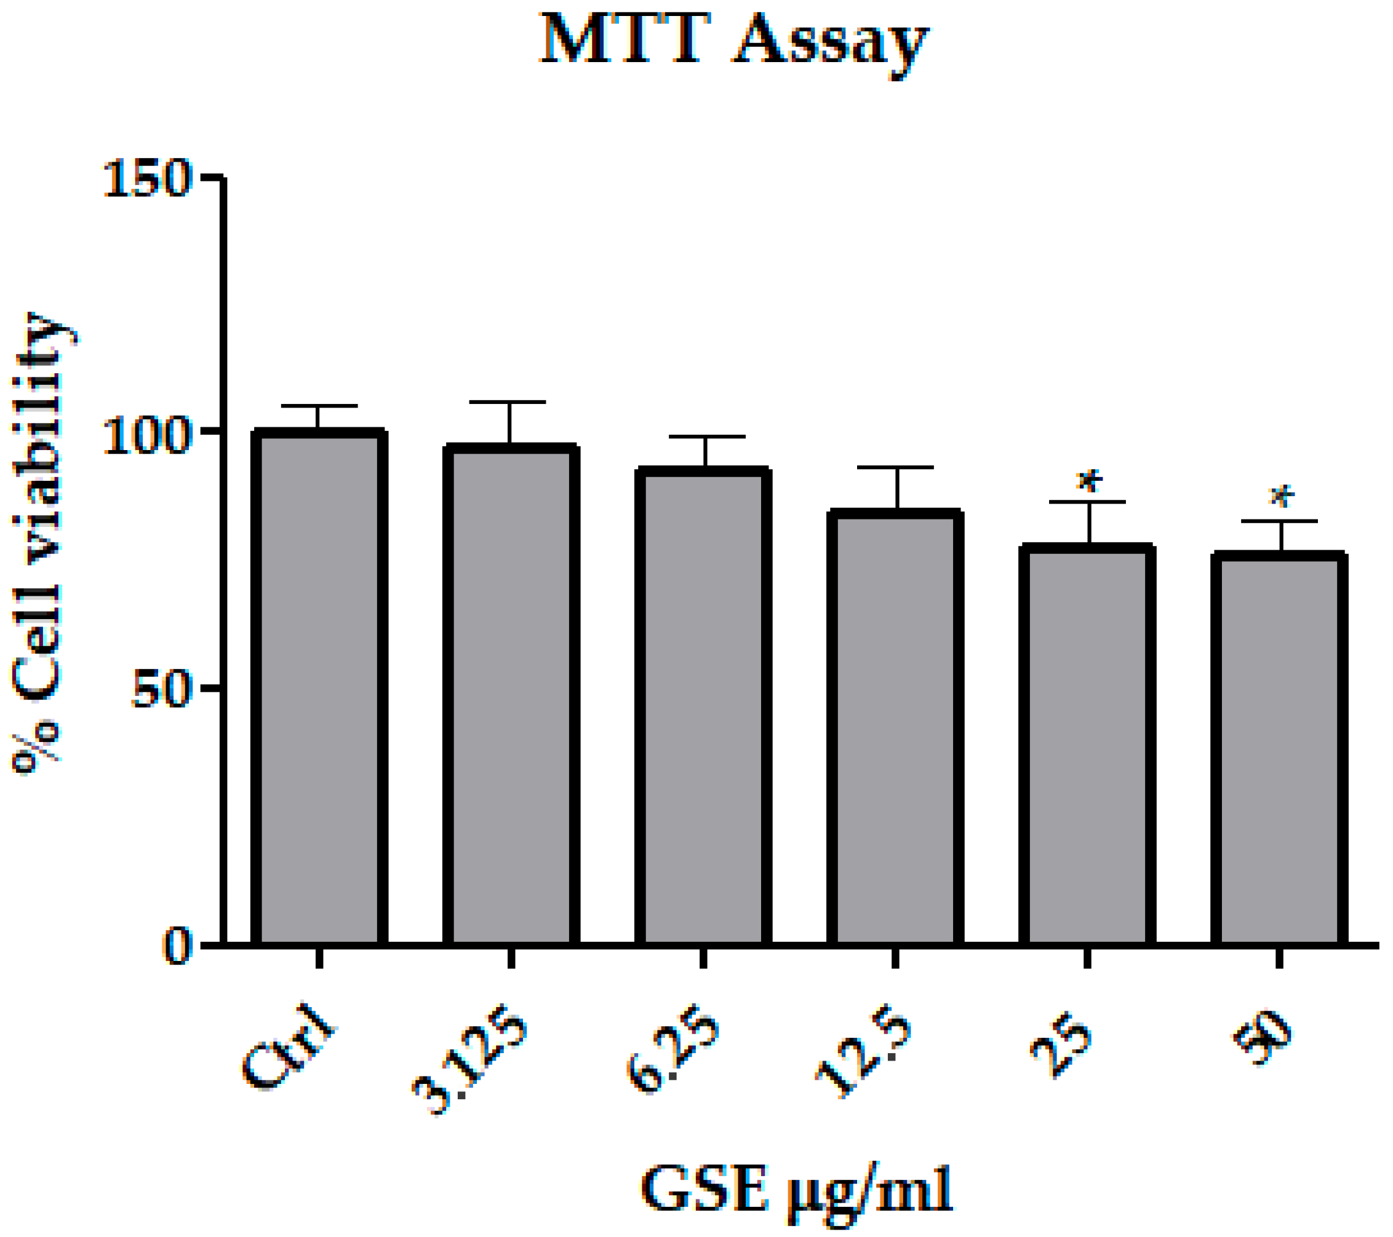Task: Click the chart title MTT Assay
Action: pyautogui.click(x=733, y=42)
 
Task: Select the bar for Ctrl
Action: pyautogui.click(x=319, y=688)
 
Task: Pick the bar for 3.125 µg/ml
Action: pyautogui.click(x=511, y=695)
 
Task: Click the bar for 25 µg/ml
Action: pyautogui.click(x=1087, y=745)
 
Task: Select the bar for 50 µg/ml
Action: pyautogui.click(x=1279, y=749)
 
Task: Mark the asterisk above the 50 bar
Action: pyautogui.click(x=1281, y=497)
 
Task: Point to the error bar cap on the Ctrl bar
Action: pyautogui.click(x=319, y=406)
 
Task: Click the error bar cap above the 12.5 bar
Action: pyautogui.click(x=895, y=467)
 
